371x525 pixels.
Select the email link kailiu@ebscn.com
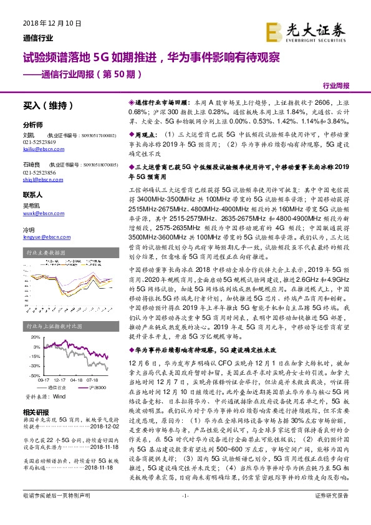[39, 149]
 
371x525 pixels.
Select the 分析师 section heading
[33, 124]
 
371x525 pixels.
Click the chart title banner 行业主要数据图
[46, 253]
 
